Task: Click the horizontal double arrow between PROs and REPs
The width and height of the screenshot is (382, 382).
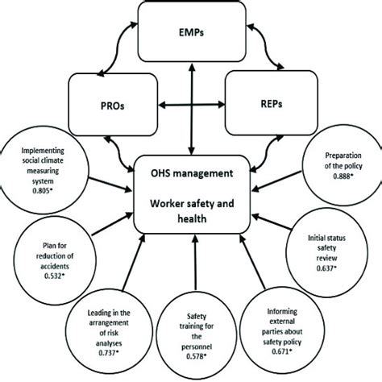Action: click(x=190, y=106)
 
